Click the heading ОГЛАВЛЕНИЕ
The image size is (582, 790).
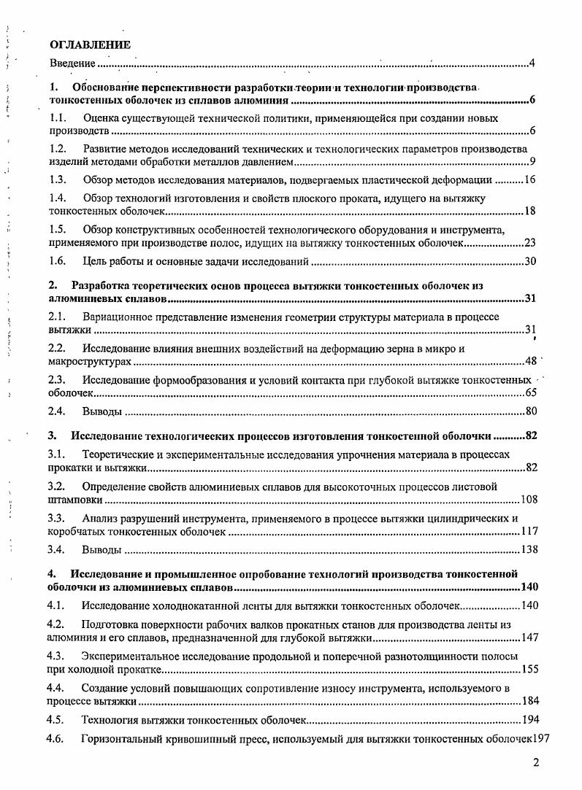(90, 45)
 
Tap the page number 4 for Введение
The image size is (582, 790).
(532, 64)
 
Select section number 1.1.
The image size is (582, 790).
(58, 117)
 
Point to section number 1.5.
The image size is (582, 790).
(58, 229)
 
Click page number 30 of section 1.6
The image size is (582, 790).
(530, 261)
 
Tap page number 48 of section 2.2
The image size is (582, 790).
(531, 361)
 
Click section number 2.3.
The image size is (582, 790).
(58, 379)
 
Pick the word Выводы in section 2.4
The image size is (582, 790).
(102, 411)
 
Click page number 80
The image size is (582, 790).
(531, 411)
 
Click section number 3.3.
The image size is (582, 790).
(58, 519)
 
